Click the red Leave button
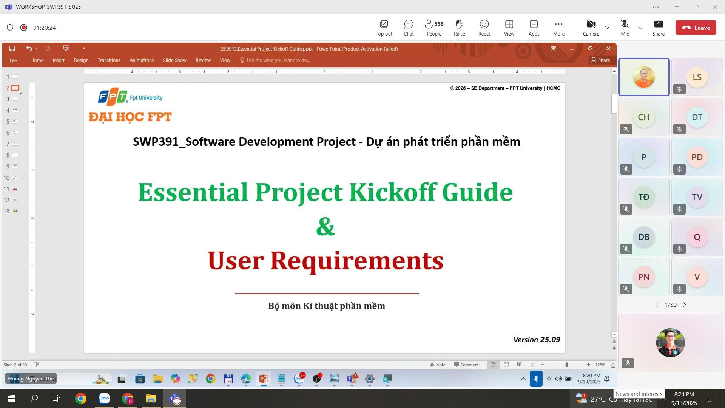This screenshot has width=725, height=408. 696,28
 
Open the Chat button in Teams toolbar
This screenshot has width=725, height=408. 409,28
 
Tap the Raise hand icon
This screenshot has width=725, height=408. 459,28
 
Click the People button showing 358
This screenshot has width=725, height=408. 434,28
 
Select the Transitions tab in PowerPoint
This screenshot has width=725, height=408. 109,60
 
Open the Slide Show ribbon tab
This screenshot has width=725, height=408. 174,60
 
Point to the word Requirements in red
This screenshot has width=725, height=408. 357,260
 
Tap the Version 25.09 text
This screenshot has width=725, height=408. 537,340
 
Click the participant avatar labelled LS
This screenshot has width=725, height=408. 697,77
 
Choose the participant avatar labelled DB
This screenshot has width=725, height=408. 644,237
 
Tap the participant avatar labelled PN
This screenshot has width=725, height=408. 644,277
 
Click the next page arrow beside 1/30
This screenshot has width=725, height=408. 684,305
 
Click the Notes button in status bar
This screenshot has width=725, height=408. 438,365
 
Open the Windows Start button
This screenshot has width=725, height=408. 11,399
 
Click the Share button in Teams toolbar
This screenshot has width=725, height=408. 659,28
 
